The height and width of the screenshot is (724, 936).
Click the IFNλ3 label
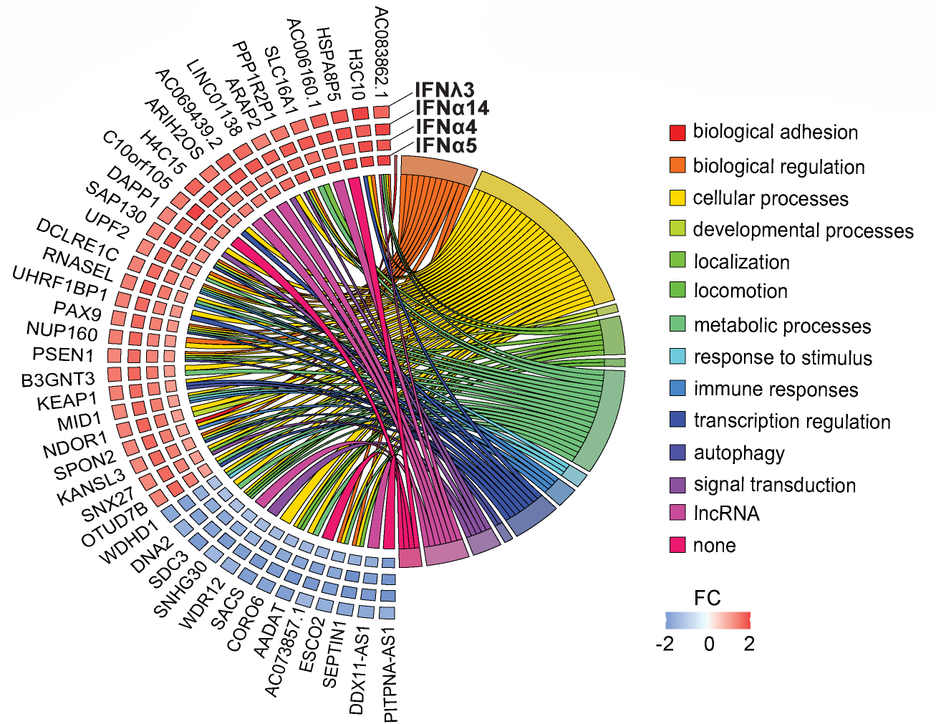445,90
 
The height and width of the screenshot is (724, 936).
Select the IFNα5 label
446,145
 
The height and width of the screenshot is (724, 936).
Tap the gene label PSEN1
63,354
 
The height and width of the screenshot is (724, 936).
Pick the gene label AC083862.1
382,52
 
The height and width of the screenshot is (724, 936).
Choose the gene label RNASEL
78,264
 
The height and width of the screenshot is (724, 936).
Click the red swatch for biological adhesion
677,132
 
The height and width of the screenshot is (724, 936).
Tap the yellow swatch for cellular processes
677,198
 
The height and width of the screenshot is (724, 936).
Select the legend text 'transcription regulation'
792,421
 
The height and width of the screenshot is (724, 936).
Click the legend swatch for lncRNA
677,513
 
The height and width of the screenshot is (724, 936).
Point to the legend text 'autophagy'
739,453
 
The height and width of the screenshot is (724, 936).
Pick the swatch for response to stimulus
677,357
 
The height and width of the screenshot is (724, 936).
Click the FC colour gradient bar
708,620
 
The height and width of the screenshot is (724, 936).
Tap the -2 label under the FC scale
665,644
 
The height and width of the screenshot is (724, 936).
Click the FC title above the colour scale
708,598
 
